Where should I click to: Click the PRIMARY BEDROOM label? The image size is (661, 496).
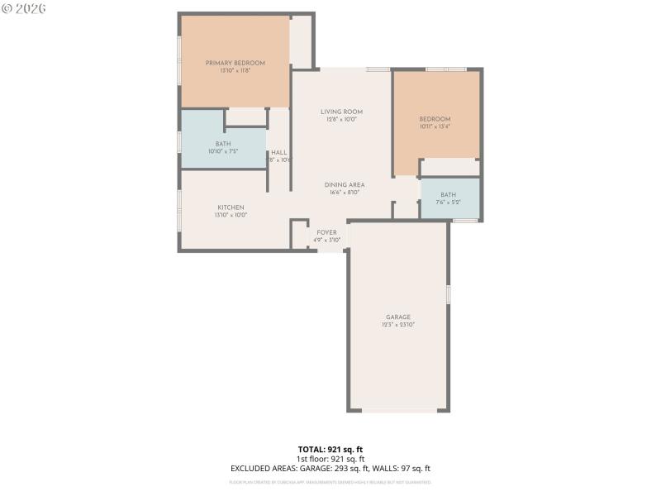coord(235,64)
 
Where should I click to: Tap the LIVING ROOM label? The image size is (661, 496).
coord(341,112)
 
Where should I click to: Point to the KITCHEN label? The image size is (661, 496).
coord(231,207)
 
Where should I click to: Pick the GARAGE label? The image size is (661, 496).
coord(397,317)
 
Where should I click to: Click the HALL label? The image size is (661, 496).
coord(279,152)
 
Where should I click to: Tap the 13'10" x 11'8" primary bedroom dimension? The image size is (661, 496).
coord(235,71)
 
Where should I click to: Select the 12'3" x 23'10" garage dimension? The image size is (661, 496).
coord(397,325)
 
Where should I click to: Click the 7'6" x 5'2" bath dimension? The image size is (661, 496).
coord(449,203)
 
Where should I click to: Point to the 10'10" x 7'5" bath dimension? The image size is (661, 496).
coord(223,151)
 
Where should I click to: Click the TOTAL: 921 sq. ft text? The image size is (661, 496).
coord(330,449)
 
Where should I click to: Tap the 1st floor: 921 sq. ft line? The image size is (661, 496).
coord(330,459)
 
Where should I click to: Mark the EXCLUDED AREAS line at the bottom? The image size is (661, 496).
coord(330,469)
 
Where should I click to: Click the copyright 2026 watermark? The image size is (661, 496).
coord(24,8)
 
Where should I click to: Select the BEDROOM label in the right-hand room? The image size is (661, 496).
coord(435,119)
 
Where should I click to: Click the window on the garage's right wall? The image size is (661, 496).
coord(449,293)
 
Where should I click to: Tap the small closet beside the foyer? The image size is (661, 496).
coord(299,234)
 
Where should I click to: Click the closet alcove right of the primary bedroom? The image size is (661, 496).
coord(301,42)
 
